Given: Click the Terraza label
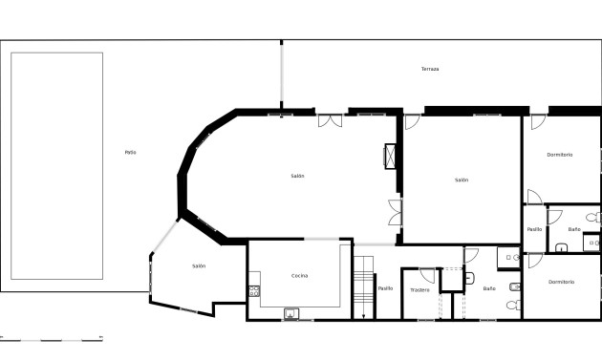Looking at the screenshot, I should pos(430,70).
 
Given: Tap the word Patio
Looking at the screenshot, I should pos(130,153).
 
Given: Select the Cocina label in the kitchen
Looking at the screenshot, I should pos(299,276).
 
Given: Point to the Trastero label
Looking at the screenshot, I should pos(419,289).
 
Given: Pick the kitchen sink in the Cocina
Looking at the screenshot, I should pos(290,312).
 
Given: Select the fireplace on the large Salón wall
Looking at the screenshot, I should pos(390,157).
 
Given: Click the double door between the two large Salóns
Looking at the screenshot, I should pos(395,213).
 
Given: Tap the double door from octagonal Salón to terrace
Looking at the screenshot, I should pos(331,120).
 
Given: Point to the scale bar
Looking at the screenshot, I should pos(52,338).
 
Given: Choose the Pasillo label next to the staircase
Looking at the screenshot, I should pos(385,288).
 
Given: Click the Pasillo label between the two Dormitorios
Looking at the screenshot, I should pos(534,229).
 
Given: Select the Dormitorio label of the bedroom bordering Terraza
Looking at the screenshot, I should pos(559,155).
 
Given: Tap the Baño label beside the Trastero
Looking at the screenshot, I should pos(489,288).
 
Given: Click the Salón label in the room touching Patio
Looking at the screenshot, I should pos(199,266).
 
